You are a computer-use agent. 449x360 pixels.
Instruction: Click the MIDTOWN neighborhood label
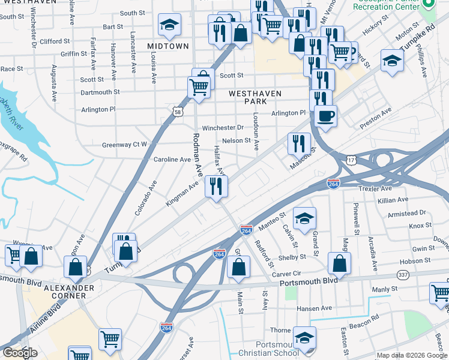tap(167, 46)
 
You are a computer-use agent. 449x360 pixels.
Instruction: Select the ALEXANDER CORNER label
tap(68, 292)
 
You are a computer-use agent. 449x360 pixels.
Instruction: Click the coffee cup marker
tap(325, 115)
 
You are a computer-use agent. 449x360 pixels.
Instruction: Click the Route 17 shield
tap(351, 160)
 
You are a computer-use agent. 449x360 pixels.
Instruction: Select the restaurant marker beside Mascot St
tap(298, 143)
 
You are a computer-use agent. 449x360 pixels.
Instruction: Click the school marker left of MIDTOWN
tap(170, 25)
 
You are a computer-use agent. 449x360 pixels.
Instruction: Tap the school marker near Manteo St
tap(304, 218)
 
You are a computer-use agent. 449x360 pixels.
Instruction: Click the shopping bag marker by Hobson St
tap(339, 263)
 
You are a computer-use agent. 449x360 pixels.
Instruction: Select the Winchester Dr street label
tap(223, 127)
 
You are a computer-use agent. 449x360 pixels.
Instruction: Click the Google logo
tap(19, 353)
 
